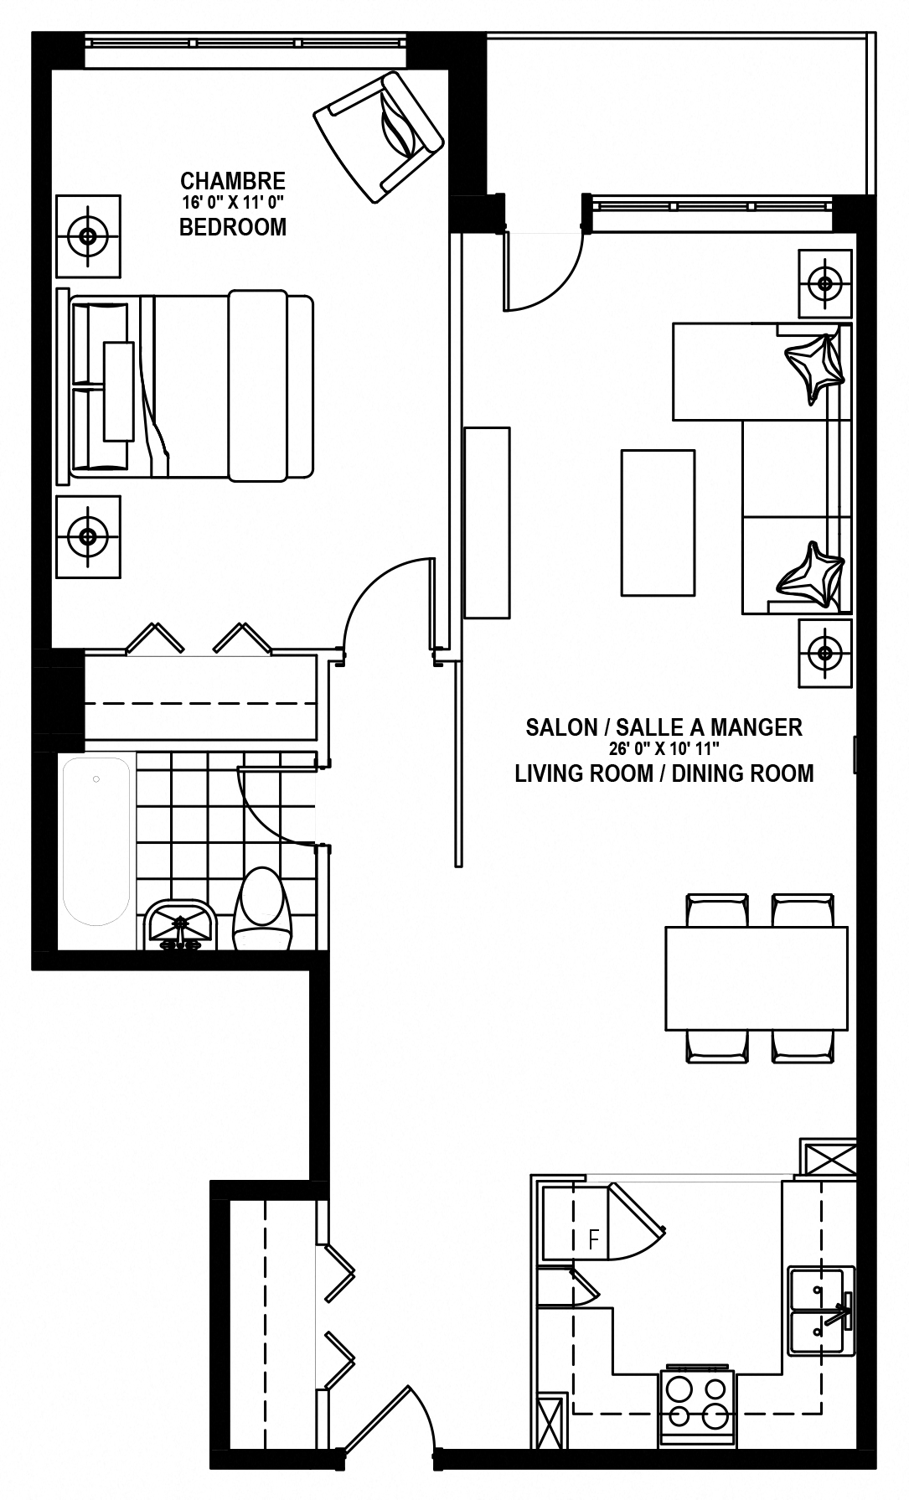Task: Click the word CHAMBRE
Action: pyautogui.click(x=233, y=181)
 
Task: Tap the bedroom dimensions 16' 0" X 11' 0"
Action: pyautogui.click(x=233, y=202)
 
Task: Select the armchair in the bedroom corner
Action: pyautogui.click(x=378, y=136)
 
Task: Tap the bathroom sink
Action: pyautogui.click(x=181, y=924)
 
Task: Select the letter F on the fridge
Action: pyautogui.click(x=594, y=1239)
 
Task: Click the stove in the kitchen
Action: pyautogui.click(x=697, y=1408)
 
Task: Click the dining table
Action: pyautogui.click(x=757, y=978)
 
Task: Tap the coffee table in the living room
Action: pyautogui.click(x=658, y=523)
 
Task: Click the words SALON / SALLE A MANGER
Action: pyautogui.click(x=664, y=727)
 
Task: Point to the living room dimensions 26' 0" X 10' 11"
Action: pyautogui.click(x=664, y=749)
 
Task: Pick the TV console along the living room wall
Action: pyautogui.click(x=487, y=523)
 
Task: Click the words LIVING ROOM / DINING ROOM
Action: pyautogui.click(x=664, y=773)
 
